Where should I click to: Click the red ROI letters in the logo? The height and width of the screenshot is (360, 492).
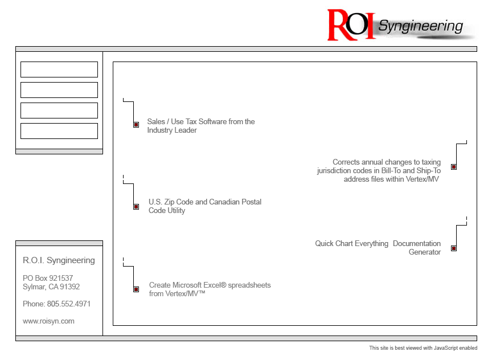tap(351, 25)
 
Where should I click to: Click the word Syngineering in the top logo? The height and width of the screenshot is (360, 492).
tap(420, 26)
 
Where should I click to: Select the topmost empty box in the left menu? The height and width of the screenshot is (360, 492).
tap(59, 69)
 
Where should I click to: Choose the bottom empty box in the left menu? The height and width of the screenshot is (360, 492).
tap(59, 131)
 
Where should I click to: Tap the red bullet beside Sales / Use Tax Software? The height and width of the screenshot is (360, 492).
tap(136, 125)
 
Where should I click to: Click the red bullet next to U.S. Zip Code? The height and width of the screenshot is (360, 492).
tap(136, 207)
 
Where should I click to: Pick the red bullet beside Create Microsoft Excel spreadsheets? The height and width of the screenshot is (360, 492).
tap(136, 289)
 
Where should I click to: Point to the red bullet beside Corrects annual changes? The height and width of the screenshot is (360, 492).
tap(454, 167)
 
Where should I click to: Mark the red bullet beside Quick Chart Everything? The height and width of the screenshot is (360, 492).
tap(454, 248)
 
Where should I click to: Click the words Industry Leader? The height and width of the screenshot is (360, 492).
tap(172, 130)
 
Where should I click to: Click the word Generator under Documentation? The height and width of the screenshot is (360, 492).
tap(425, 252)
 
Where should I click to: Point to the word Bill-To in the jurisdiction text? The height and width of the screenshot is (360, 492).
tap(391, 170)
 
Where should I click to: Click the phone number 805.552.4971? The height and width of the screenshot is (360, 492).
tap(69, 304)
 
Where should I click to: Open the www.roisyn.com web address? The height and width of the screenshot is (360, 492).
tap(48, 321)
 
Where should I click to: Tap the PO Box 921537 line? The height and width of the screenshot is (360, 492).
tap(48, 278)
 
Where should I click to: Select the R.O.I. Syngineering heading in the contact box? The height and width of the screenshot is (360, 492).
tap(59, 260)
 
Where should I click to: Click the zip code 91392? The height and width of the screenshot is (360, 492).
tap(69, 287)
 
